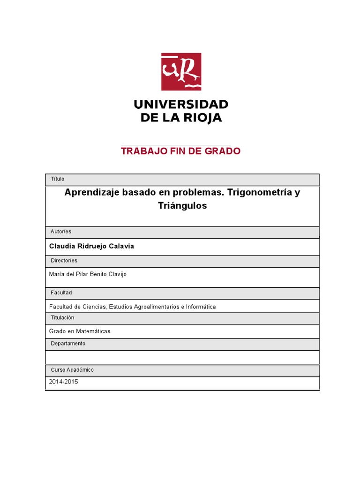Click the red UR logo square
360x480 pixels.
pyautogui.click(x=181, y=72)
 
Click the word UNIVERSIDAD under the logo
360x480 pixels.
pyautogui.click(x=181, y=104)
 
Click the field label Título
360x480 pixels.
pyautogui.click(x=57, y=179)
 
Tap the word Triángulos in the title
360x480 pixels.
pyautogui.click(x=182, y=206)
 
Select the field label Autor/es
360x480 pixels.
pyautogui.click(x=61, y=232)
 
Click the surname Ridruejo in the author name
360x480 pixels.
pyautogui.click(x=97, y=246)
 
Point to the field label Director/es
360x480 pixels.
pyautogui.click(x=64, y=260)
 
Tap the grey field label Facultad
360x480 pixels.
pyautogui.click(x=61, y=292)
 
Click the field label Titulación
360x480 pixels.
pyautogui.click(x=63, y=318)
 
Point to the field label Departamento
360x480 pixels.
pyautogui.click(x=68, y=344)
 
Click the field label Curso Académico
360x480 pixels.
pyautogui.click(x=72, y=370)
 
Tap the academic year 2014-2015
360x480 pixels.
pyautogui.click(x=64, y=382)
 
